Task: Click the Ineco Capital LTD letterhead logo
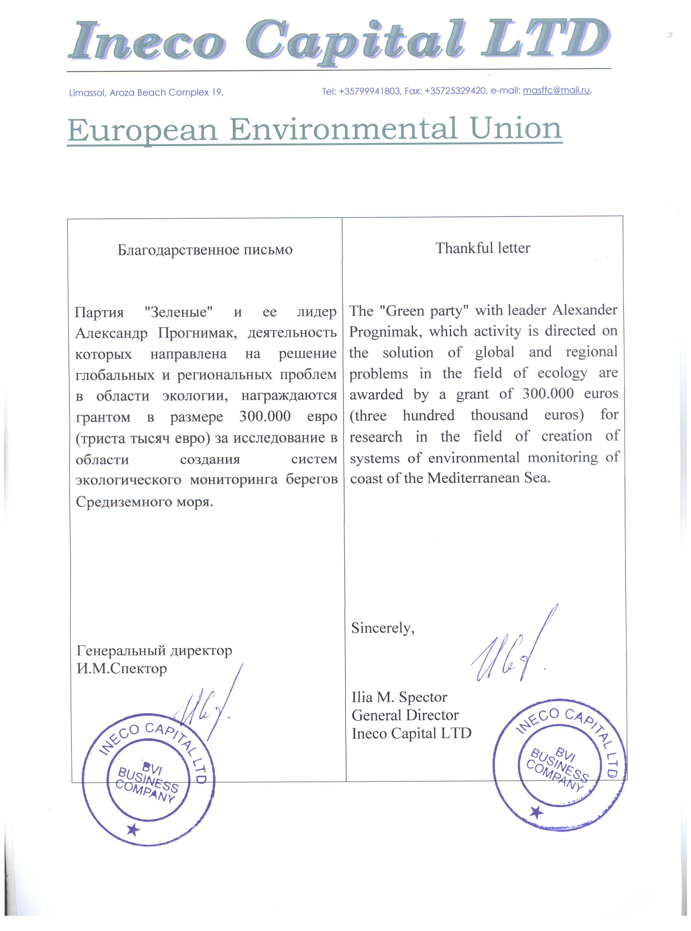tap(339, 42)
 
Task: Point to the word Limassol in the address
tap(87, 93)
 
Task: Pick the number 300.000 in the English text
tap(548, 394)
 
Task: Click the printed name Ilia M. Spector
tap(399, 697)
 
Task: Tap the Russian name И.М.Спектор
tap(122, 668)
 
